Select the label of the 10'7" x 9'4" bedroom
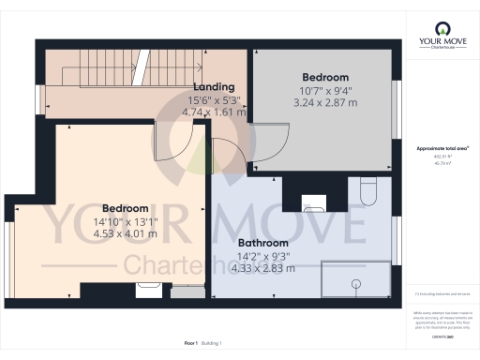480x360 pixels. (x=324, y=77)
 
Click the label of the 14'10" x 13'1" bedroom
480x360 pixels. (x=125, y=208)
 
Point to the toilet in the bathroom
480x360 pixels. (x=367, y=191)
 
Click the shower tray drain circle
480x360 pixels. (x=355, y=282)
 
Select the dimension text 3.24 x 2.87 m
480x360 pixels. (x=324, y=105)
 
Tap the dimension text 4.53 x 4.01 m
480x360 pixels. (x=125, y=236)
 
